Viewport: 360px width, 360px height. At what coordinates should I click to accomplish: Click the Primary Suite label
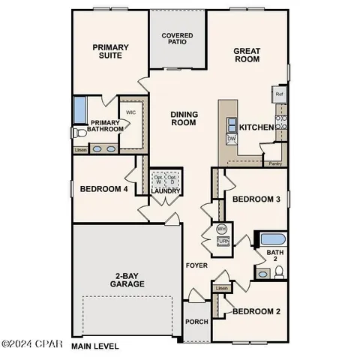pos(111,51)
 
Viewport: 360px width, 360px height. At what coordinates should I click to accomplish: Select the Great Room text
pos(247,56)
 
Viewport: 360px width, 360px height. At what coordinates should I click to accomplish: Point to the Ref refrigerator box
pos(279,94)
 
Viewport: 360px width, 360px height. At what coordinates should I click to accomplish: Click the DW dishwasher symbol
pos(232,139)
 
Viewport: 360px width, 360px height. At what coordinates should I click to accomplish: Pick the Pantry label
pos(274,163)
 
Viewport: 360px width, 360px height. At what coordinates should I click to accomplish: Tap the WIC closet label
pos(130,112)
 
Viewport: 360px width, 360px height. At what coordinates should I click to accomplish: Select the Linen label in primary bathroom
pos(80,150)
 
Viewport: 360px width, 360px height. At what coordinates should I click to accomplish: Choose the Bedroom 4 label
pos(103,189)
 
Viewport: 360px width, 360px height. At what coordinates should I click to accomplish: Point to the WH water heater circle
pos(222,229)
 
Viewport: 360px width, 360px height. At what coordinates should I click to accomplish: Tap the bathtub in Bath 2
pos(272,240)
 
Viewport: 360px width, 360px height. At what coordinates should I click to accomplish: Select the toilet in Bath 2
pos(278,274)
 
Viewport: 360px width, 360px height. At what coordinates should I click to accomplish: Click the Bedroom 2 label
pos(256,311)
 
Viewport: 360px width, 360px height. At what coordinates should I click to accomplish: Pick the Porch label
pos(196,322)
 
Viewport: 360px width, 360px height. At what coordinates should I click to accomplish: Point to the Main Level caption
pos(96,347)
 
